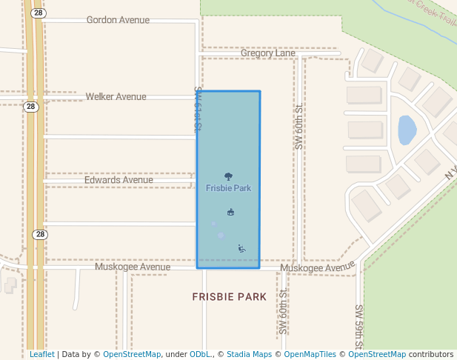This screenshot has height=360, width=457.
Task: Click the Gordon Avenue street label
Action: tap(118, 20)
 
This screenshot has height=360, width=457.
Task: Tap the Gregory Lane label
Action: tap(268, 53)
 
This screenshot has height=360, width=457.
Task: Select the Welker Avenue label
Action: tap(116, 96)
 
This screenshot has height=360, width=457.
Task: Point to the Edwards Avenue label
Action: tap(119, 180)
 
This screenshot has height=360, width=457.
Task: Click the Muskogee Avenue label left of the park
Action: tap(133, 267)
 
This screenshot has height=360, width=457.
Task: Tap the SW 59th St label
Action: tap(358, 326)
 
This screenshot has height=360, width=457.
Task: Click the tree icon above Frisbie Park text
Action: tap(228, 176)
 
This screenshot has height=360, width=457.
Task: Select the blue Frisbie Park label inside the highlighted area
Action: tap(228, 188)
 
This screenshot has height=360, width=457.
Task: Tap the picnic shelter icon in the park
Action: tap(230, 213)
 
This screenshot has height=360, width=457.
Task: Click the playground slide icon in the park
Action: tap(241, 248)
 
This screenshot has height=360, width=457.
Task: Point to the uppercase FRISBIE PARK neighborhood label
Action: tap(229, 297)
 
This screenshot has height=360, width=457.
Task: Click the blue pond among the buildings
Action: tap(407, 130)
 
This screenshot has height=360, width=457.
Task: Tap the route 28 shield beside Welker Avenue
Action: tap(30, 107)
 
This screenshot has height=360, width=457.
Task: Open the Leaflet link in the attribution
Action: tap(41, 355)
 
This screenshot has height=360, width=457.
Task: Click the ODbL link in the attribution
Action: tap(200, 355)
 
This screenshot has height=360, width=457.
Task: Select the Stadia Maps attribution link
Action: tap(249, 355)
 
